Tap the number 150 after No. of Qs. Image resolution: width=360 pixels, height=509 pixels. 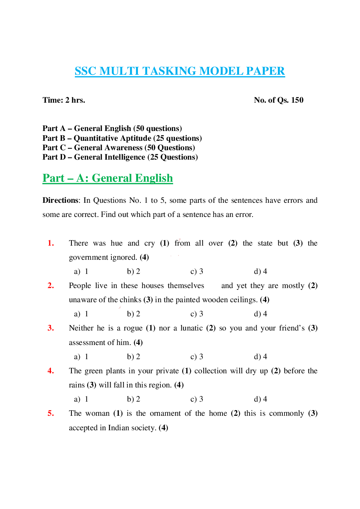click(x=297, y=100)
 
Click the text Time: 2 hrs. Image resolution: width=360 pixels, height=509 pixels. click(x=64, y=100)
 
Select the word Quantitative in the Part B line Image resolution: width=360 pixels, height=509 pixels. click(x=112, y=138)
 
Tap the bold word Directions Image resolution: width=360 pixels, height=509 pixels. click(x=61, y=200)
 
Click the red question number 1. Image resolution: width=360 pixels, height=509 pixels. click(x=51, y=243)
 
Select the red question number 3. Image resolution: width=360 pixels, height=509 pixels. click(x=51, y=328)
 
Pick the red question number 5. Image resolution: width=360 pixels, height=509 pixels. click(x=51, y=413)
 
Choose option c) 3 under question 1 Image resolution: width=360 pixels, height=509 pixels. click(x=197, y=271)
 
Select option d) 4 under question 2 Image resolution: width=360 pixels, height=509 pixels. click(x=261, y=314)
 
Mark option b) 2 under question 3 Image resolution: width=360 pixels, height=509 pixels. click(x=134, y=357)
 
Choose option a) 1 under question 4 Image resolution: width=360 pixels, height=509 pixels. click(x=81, y=399)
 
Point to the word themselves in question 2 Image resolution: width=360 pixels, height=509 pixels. click(x=186, y=286)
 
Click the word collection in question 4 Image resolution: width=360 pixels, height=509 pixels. click(x=210, y=371)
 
